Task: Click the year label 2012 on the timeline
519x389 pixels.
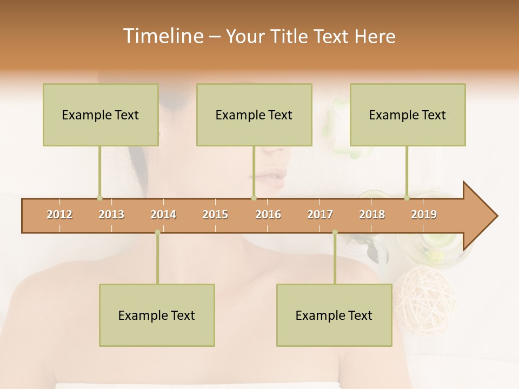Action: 59,214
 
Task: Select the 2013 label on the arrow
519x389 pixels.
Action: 111,214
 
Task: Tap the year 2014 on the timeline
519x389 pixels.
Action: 163,214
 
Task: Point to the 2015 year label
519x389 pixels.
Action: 215,214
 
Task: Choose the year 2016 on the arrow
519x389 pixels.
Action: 268,214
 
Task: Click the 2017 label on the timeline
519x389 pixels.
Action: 320,214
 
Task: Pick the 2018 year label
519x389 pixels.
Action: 372,214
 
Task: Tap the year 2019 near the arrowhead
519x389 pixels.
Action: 424,214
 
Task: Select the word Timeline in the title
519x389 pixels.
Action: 162,36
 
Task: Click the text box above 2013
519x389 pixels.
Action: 101,115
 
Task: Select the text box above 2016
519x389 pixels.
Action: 254,115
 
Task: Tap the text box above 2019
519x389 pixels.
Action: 408,115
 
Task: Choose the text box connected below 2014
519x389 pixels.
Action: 157,315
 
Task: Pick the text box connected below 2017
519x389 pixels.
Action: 334,315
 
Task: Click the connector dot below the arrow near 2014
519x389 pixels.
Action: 157,232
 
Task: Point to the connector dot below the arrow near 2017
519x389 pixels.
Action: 335,232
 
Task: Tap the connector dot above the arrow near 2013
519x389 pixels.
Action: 99,198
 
